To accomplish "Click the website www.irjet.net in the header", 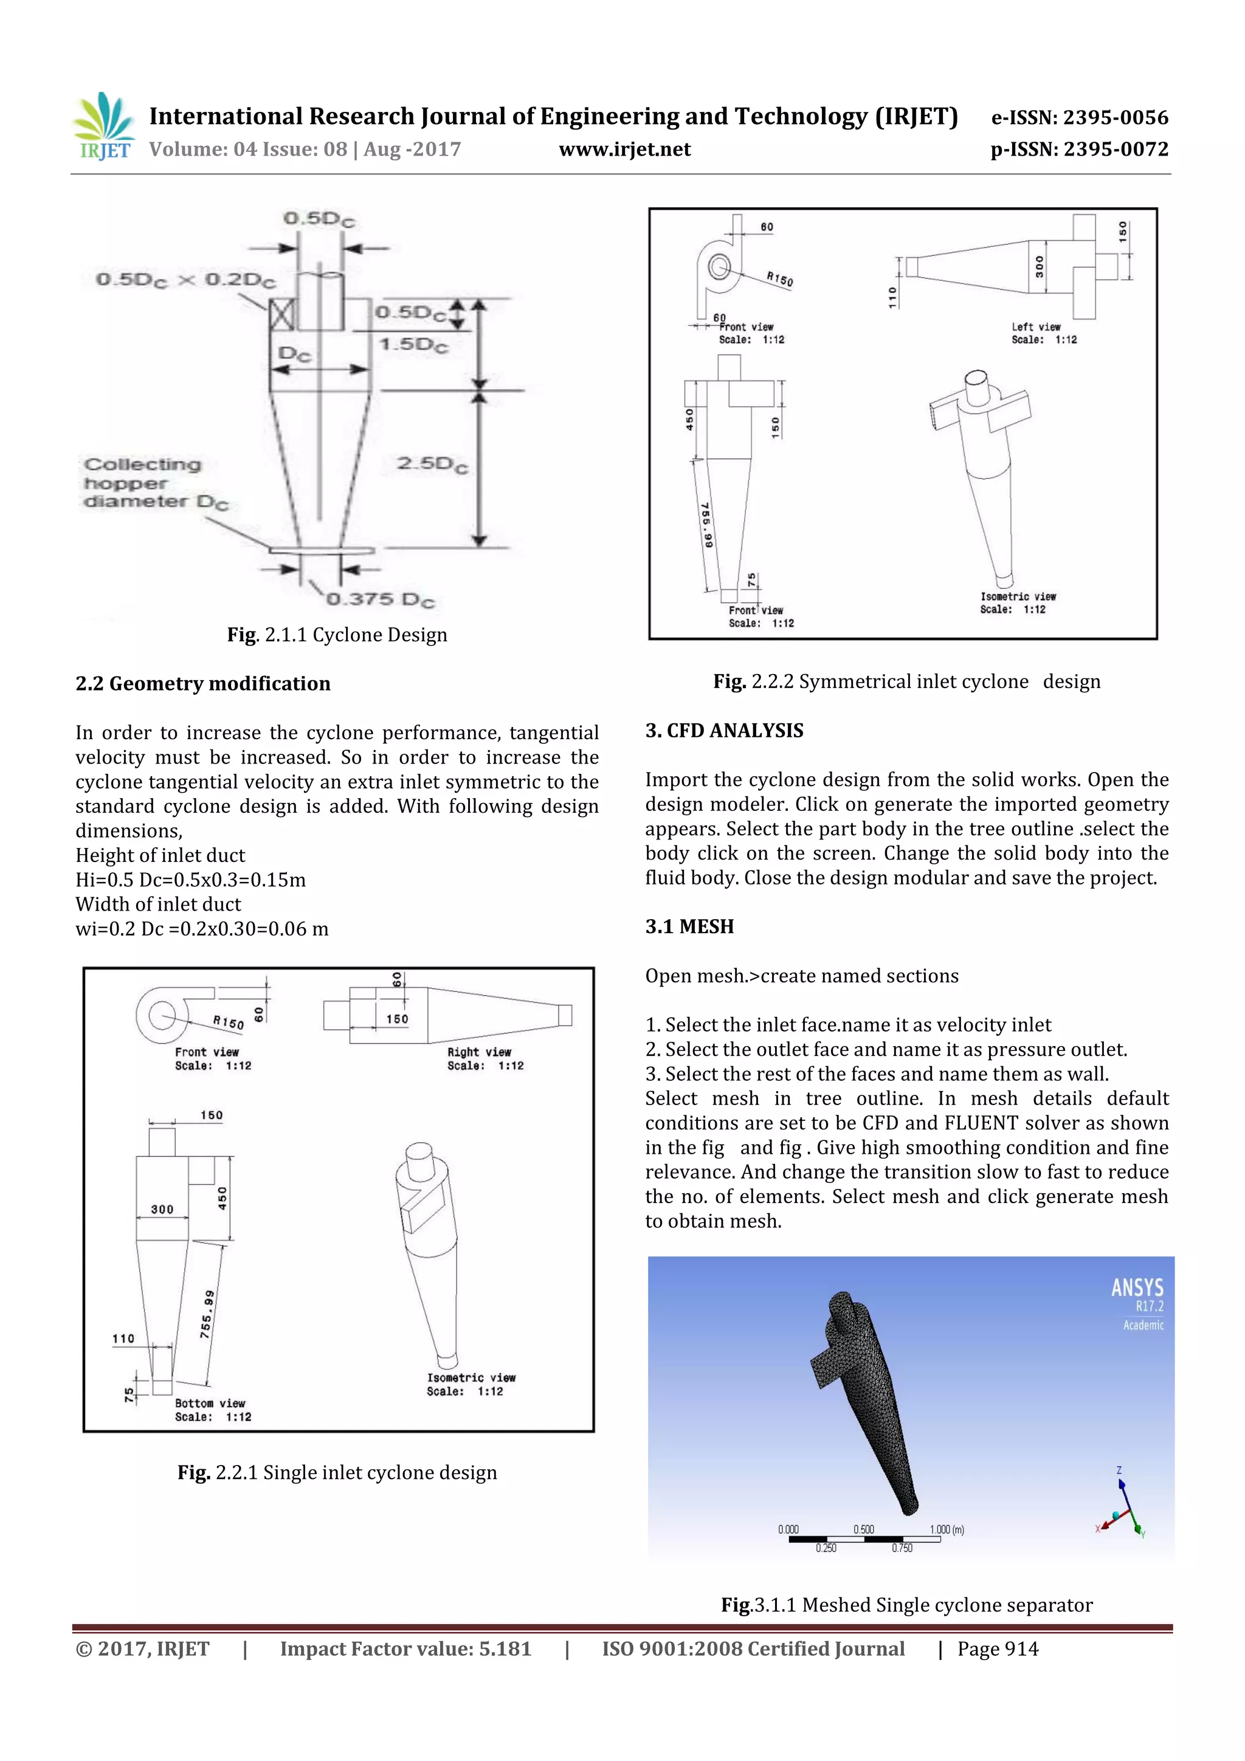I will (624, 150).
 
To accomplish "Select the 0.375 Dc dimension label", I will (381, 599).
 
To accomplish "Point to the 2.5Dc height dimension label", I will (432, 463).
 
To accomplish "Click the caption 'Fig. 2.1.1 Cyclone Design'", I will (337, 635).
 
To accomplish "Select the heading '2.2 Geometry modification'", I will (202, 683).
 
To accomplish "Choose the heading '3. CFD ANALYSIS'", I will (724, 730).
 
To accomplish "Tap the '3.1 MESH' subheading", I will (689, 926).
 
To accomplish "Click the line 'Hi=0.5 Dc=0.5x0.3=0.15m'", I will (190, 880).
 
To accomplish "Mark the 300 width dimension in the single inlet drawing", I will (162, 1210).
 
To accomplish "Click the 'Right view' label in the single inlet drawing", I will (478, 1052).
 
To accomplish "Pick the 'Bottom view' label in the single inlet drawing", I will (209, 1403).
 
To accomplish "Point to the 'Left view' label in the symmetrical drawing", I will (1036, 327).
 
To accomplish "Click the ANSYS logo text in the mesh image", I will (1137, 1287).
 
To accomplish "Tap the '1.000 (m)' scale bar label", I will (947, 1529).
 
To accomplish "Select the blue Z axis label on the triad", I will (1119, 1470).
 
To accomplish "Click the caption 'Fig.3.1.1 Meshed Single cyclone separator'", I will (906, 1605).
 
